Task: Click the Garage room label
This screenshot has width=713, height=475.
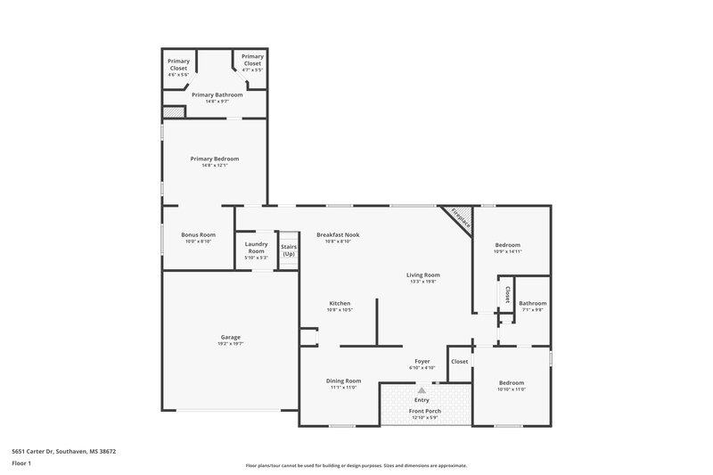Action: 230,337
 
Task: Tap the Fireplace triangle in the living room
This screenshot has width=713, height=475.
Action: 460,218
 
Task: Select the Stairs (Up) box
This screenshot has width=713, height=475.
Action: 288,250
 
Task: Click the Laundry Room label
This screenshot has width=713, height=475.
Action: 256,248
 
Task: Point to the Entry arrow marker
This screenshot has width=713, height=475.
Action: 422,390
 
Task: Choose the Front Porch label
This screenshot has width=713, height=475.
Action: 424,411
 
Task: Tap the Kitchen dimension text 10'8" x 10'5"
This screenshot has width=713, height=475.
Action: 340,309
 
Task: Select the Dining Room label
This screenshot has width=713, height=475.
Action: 344,381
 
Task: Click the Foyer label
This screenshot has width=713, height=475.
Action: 422,361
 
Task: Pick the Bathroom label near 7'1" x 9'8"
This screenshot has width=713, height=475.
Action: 532,303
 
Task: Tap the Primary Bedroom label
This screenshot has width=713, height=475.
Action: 214,159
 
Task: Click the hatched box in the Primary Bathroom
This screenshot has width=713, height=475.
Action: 174,112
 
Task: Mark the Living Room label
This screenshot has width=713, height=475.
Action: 425,275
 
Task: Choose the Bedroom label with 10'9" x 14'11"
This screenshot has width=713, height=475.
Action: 507,245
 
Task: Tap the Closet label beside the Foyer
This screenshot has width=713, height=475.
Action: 460,361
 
